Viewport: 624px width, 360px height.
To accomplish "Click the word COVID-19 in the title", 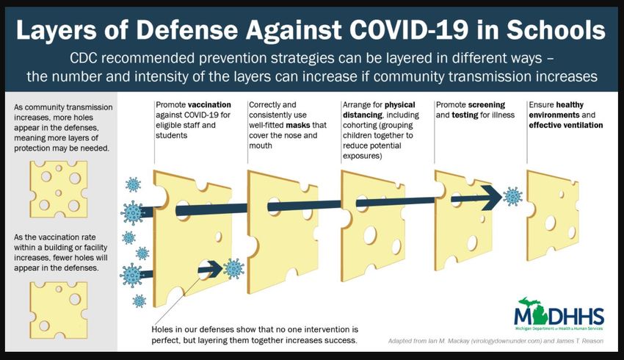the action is pyautogui.click(x=407, y=30).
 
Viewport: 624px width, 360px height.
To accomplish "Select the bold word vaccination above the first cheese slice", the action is pyautogui.click(x=209, y=105).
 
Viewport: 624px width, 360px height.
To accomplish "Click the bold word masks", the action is pyautogui.click(x=298, y=125).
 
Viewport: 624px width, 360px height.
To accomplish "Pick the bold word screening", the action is pyautogui.click(x=486, y=105).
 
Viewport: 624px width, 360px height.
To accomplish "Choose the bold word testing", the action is pyautogui.click(x=465, y=115).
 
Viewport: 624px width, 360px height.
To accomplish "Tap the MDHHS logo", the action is pyautogui.click(x=559, y=314).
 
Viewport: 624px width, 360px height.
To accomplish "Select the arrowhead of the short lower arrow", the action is pyautogui.click(x=215, y=268).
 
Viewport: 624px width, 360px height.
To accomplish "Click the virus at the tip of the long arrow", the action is pyautogui.click(x=512, y=196).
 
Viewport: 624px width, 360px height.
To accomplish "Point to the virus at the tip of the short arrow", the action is pyautogui.click(x=233, y=268).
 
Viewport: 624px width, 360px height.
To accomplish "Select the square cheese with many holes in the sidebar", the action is pyautogui.click(x=59, y=189).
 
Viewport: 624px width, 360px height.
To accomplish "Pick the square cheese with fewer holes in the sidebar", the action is pyautogui.click(x=59, y=310).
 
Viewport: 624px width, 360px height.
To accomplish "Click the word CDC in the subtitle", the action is pyautogui.click(x=82, y=58).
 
